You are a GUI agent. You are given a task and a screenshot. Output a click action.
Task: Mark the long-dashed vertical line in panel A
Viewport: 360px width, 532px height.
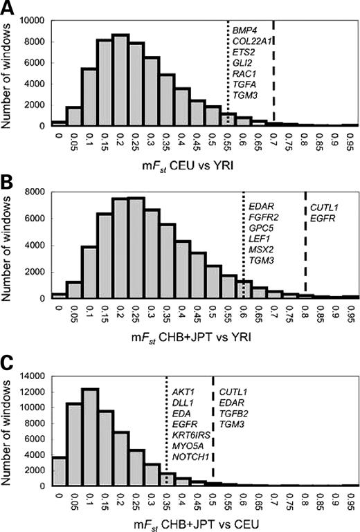[274, 69]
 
